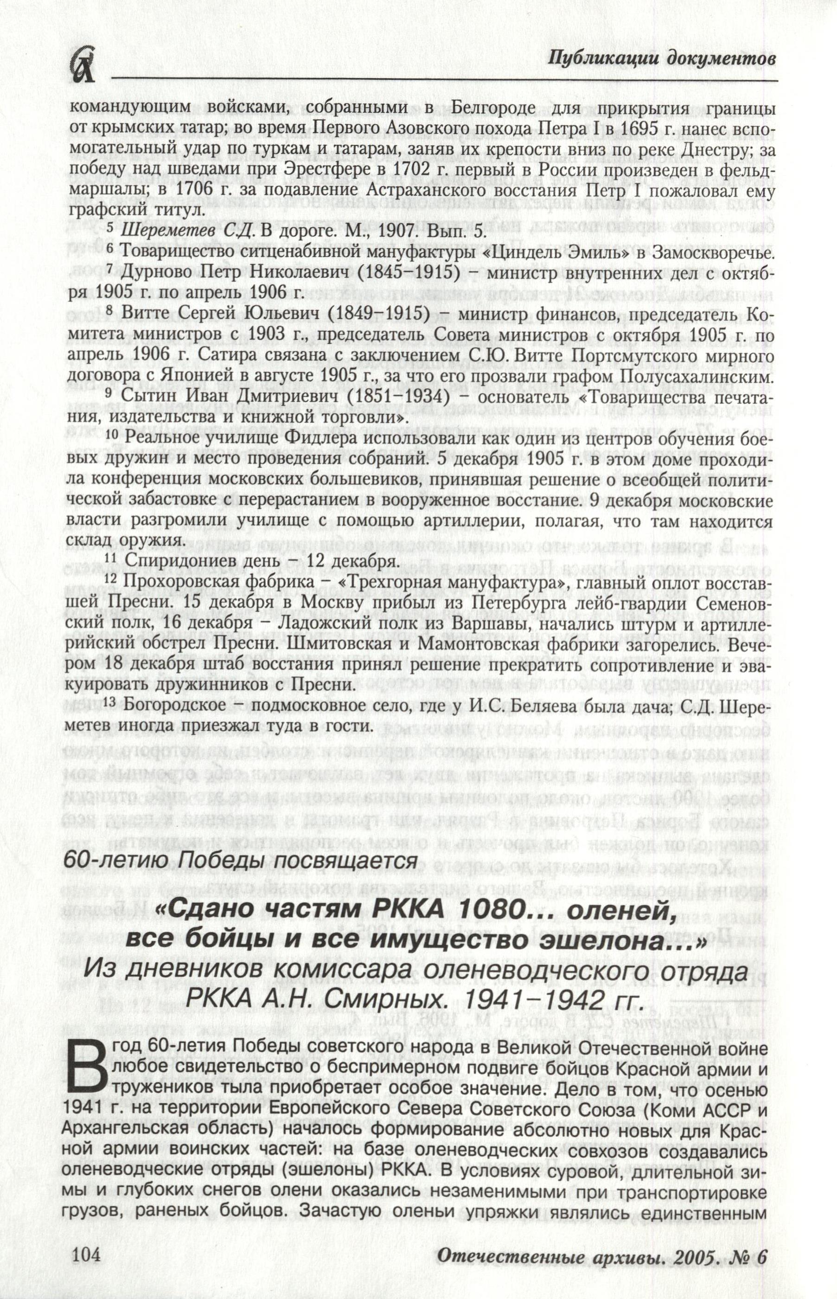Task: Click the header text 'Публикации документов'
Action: pyautogui.click(x=661, y=58)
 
